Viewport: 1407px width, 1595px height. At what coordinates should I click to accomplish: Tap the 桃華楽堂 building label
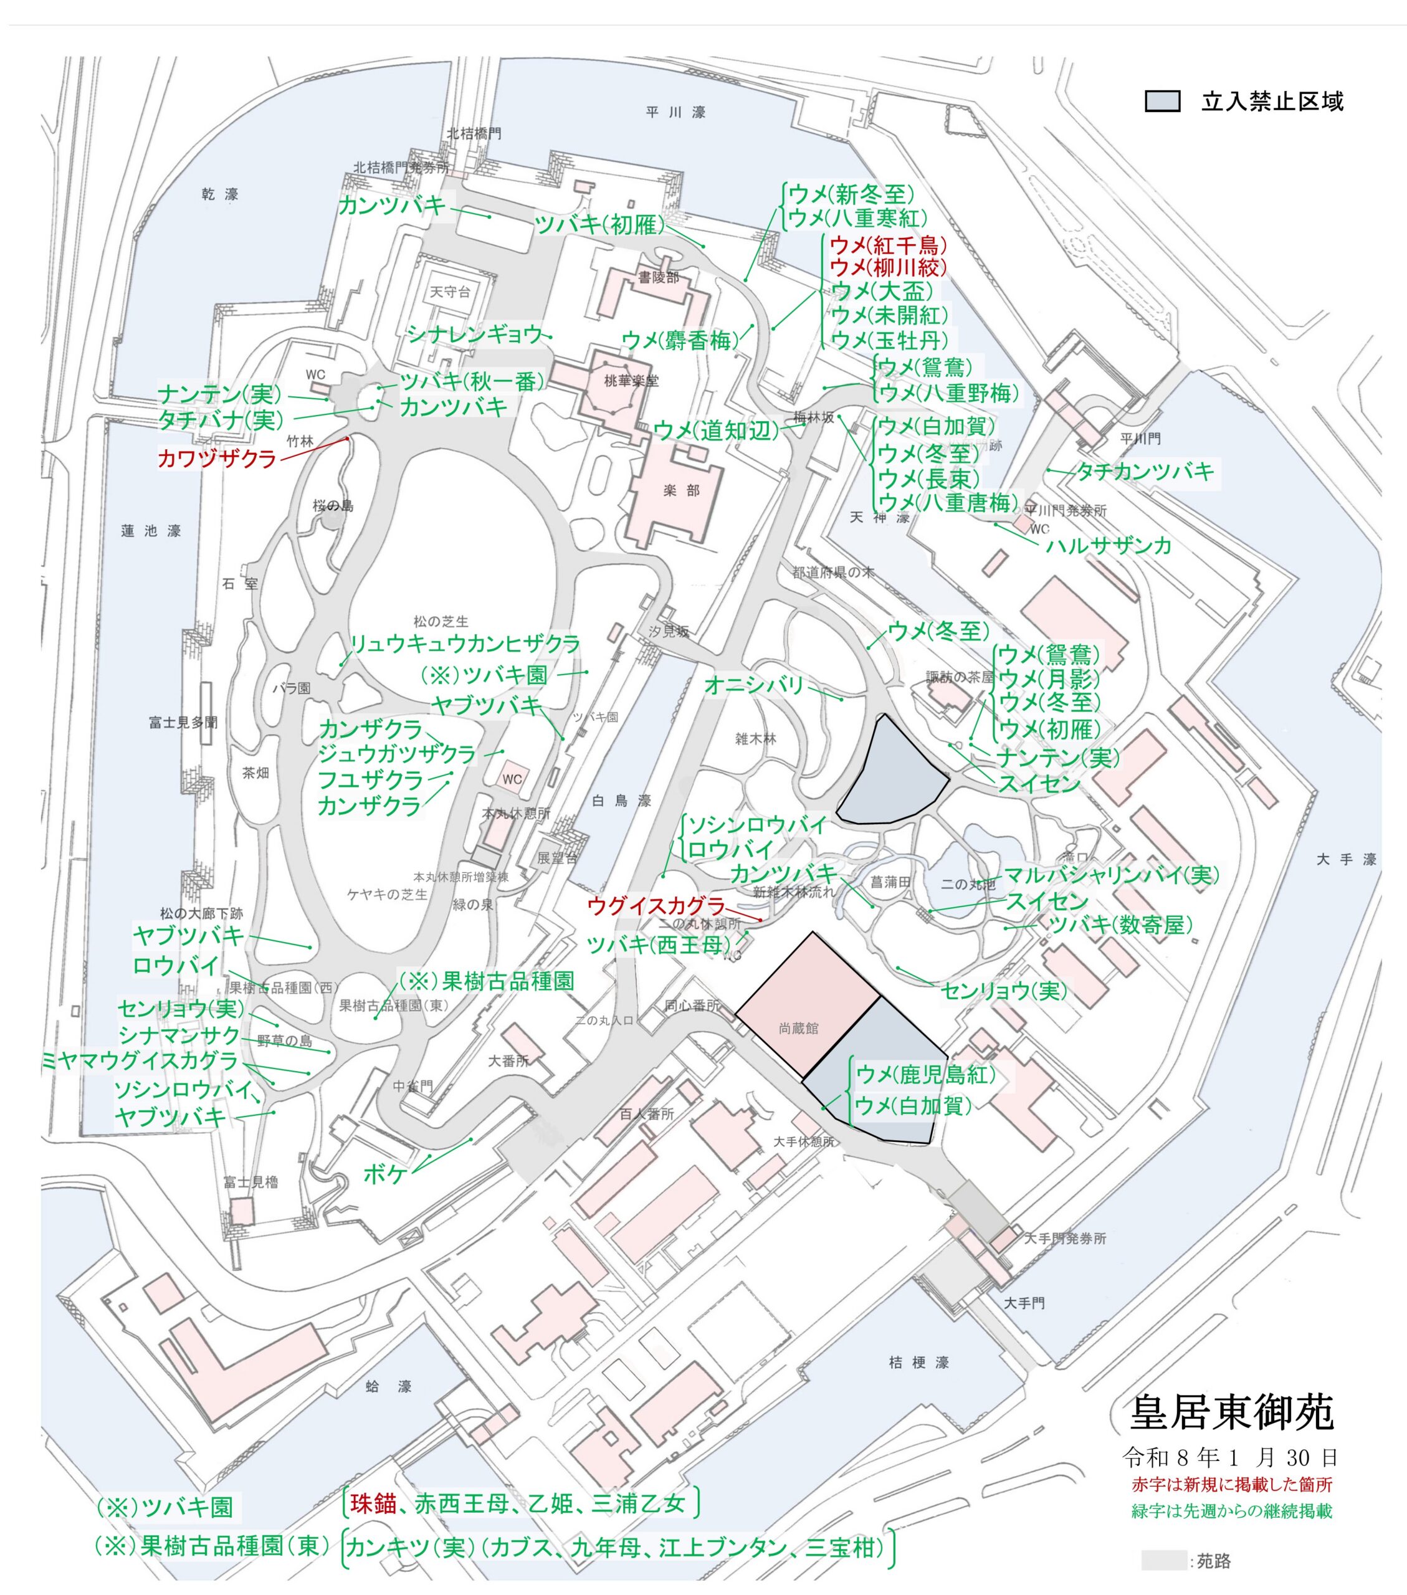pos(631,381)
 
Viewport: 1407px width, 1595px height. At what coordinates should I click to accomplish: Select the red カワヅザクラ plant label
pos(217,458)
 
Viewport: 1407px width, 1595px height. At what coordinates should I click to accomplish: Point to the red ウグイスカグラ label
pos(656,905)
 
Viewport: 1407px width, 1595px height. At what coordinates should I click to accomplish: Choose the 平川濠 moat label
pos(676,112)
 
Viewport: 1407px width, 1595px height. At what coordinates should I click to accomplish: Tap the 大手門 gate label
pos(1024,1303)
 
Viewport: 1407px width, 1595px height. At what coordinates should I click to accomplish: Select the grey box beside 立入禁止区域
pos(1162,102)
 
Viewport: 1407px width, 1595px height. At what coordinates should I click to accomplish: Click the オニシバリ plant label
pos(754,684)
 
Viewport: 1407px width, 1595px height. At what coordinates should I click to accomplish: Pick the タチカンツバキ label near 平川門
pos(1145,471)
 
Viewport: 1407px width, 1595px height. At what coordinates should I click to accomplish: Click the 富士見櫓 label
pos(250,1181)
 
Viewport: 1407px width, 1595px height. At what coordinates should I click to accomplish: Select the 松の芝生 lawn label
pos(441,621)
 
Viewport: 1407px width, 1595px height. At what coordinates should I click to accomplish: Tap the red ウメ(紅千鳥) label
pos(887,245)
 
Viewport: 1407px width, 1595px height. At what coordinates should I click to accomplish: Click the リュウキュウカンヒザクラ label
pos(464,644)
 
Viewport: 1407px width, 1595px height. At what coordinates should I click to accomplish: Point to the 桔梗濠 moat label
pos(918,1363)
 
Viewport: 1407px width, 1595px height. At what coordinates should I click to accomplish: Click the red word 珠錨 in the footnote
pos(373,1503)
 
